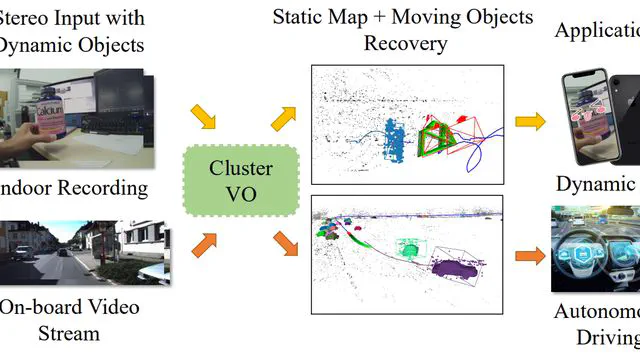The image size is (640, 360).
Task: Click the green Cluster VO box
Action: click(x=241, y=179)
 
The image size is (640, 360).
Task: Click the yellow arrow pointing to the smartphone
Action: click(x=530, y=121)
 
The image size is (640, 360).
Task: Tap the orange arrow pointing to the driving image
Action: click(x=530, y=256)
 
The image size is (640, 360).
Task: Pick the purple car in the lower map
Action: click(x=456, y=267)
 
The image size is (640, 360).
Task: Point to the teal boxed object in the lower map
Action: click(x=409, y=246)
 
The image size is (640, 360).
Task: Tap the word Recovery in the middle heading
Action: click(x=405, y=44)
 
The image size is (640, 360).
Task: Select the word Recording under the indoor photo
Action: click(x=104, y=187)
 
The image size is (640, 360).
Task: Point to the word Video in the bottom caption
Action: click(x=106, y=307)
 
